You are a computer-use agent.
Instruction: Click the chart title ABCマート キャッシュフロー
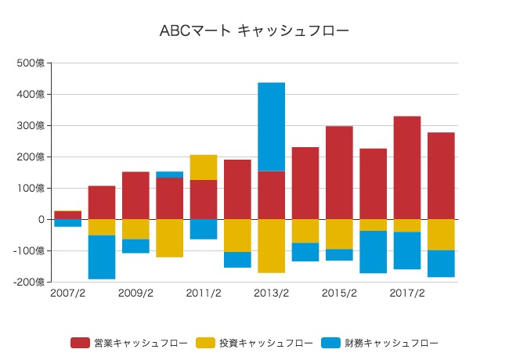[254, 31]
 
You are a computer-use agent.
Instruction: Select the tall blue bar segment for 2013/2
[271, 126]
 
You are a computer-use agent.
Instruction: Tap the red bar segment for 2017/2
[406, 167]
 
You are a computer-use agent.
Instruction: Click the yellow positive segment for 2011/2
[204, 167]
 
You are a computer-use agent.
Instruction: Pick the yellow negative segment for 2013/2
[271, 246]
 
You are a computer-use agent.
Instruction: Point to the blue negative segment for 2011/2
[204, 229]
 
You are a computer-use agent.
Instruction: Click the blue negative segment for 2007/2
[67, 223]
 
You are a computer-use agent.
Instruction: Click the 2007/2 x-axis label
[67, 293]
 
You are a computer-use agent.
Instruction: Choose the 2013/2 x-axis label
[271, 293]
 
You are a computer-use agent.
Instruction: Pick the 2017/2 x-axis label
[406, 293]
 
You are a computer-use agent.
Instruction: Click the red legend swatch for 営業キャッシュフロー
[80, 343]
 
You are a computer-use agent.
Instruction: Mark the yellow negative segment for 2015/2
[339, 234]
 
